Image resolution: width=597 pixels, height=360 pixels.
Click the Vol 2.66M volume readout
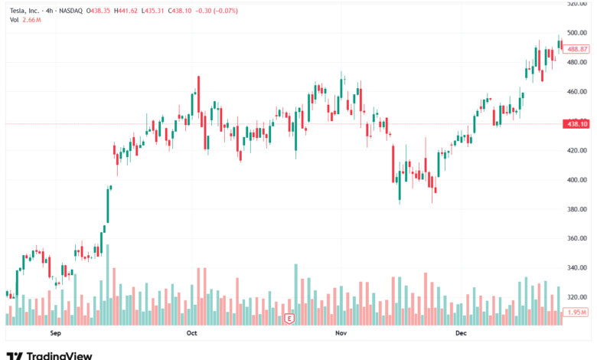(25, 20)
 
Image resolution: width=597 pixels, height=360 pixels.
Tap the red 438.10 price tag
(575, 123)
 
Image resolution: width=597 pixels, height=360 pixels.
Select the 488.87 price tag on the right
(576, 48)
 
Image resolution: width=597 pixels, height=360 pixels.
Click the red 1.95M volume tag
(576, 313)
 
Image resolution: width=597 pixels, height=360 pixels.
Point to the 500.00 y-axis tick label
(576, 33)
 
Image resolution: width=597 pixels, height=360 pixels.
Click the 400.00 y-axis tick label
(576, 180)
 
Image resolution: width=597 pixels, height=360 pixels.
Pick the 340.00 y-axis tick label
(576, 268)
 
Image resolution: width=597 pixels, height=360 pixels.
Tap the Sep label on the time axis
(54, 334)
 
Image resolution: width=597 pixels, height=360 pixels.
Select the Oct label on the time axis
(191, 334)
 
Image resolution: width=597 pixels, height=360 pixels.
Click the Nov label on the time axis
(340, 334)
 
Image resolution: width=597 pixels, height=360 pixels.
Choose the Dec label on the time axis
(460, 334)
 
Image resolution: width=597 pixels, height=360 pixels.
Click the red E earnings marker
(289, 317)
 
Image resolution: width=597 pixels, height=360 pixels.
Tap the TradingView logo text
(59, 355)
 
